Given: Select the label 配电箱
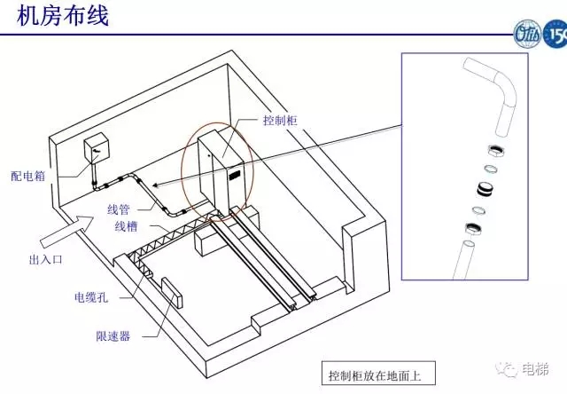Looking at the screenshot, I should pos(27,177).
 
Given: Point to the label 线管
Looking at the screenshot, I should pos(119,209).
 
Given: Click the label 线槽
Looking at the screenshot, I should pos(126,226).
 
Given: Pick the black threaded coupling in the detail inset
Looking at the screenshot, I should pos(485,188).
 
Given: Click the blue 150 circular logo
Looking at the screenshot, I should pos(554,39).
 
